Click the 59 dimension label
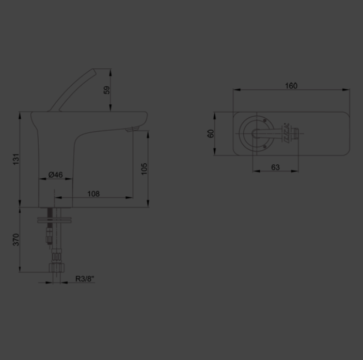click(x=106, y=90)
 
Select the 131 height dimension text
click(x=16, y=159)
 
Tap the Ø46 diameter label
click(x=56, y=175)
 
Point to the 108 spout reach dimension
click(x=93, y=194)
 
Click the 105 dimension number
click(x=144, y=169)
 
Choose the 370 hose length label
click(x=16, y=240)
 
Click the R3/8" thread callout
click(x=85, y=279)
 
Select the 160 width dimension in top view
click(x=291, y=86)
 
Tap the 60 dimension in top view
click(x=211, y=134)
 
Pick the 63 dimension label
click(x=275, y=167)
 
